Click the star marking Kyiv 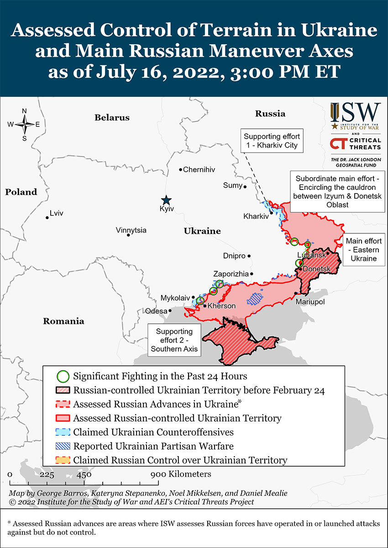[x=167, y=200]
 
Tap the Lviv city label [x=57, y=213]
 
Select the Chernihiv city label [x=199, y=169]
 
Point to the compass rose [x=24, y=124]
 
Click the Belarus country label [x=112, y=117]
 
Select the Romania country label [x=63, y=321]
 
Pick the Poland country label [x=21, y=192]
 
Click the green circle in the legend [x=63, y=377]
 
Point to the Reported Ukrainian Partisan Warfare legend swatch [x=63, y=446]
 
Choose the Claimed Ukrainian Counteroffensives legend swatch [x=63, y=432]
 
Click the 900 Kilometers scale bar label [x=181, y=474]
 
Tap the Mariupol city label [x=309, y=302]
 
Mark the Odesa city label [x=156, y=311]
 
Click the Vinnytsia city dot [x=128, y=235]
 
